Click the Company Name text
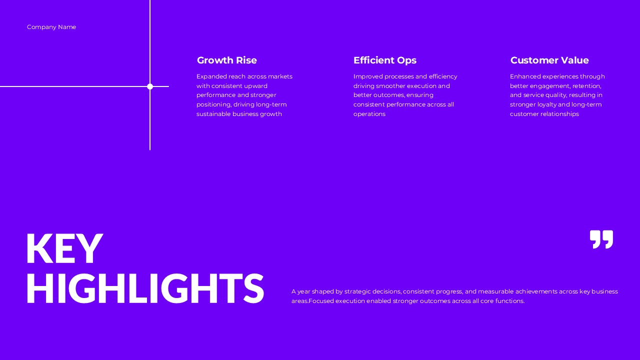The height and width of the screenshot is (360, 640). click(51, 27)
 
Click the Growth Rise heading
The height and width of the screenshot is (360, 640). click(226, 60)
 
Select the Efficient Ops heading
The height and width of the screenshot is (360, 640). click(384, 60)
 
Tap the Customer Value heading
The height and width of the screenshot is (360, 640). click(549, 60)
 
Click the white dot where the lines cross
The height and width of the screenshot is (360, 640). click(150, 86)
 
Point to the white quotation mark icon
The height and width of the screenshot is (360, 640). click(601, 239)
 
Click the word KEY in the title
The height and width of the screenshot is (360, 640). click(64, 249)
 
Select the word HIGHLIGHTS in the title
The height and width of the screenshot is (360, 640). click(144, 289)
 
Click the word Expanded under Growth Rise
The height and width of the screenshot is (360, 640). click(211, 76)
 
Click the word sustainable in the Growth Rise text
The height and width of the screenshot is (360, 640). click(213, 114)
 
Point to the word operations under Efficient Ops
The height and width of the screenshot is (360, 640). click(369, 114)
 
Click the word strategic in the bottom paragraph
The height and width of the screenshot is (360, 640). click(357, 291)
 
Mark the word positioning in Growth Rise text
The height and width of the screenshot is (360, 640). click(213, 104)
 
